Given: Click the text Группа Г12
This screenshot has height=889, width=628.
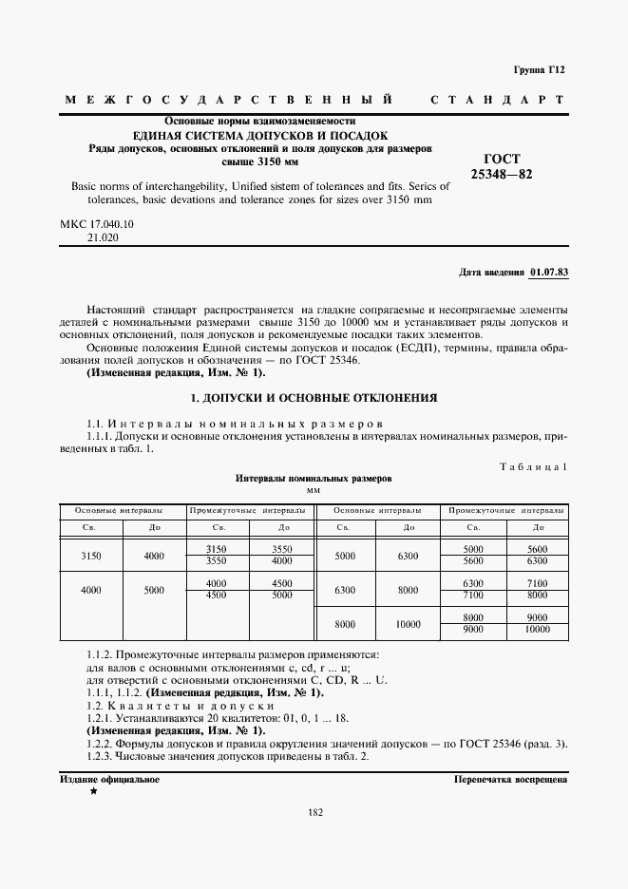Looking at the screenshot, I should (x=539, y=69).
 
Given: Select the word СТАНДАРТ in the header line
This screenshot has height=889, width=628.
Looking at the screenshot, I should (x=498, y=100).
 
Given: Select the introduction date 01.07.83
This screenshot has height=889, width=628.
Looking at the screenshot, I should (x=549, y=272).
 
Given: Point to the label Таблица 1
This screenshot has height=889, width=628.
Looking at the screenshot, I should (x=533, y=466).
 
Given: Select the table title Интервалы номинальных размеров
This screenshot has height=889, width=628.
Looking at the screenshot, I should (x=314, y=480).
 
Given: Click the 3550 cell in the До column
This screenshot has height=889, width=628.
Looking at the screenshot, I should (x=282, y=550).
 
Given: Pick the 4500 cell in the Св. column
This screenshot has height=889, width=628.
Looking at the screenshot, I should (x=217, y=595).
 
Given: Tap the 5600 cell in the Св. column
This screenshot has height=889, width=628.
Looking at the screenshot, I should (x=473, y=561).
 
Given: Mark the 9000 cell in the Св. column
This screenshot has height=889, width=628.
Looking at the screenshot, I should (x=473, y=629).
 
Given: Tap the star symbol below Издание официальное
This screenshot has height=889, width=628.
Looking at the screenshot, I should (x=92, y=790).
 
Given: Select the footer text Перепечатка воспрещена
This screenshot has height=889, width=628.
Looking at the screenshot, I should (x=511, y=779).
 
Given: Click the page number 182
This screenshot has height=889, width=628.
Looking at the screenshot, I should (x=315, y=812).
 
